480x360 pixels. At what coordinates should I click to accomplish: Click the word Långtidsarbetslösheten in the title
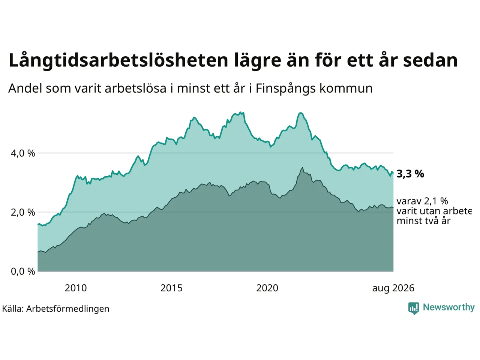tap(118, 60)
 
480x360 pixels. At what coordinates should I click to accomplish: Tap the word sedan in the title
tap(430, 60)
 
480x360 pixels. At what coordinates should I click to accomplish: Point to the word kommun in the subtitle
tap(346, 88)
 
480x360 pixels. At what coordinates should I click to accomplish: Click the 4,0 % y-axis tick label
tap(23, 153)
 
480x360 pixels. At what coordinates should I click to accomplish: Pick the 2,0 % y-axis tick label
tap(23, 213)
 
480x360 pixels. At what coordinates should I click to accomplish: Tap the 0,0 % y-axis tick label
tap(23, 271)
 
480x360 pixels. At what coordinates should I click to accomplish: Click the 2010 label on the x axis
tap(76, 288)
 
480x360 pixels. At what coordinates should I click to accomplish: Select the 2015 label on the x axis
tap(171, 288)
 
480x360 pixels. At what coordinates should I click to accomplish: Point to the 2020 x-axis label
tap(267, 288)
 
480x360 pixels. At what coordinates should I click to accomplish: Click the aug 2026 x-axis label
tap(393, 288)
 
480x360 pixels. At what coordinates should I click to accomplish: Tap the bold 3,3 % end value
tap(410, 174)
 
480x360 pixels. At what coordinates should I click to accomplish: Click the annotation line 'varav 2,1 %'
tap(422, 201)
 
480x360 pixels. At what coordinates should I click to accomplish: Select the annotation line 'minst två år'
tap(424, 221)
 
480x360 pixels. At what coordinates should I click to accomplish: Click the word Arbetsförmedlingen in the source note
tap(67, 309)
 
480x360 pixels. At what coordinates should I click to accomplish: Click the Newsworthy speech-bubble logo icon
tap(414, 308)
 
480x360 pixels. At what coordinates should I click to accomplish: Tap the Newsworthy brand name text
tap(449, 307)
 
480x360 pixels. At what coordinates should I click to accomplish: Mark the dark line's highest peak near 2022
tap(302, 168)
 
